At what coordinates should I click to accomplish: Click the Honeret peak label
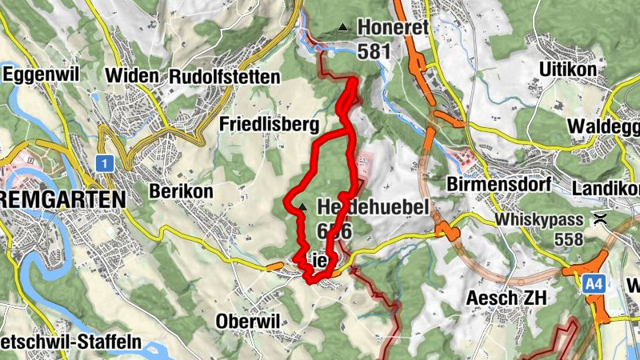(393, 27)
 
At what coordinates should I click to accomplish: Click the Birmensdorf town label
(499, 184)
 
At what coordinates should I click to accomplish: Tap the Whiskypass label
(541, 218)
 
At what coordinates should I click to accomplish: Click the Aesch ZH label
(507, 298)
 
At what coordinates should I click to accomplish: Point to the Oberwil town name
(247, 321)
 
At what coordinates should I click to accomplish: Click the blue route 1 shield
(103, 163)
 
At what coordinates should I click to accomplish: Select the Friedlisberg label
(269, 124)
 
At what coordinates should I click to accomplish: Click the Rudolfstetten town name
(225, 77)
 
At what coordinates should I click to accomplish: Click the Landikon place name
(607, 187)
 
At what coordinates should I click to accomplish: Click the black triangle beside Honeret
(343, 27)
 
